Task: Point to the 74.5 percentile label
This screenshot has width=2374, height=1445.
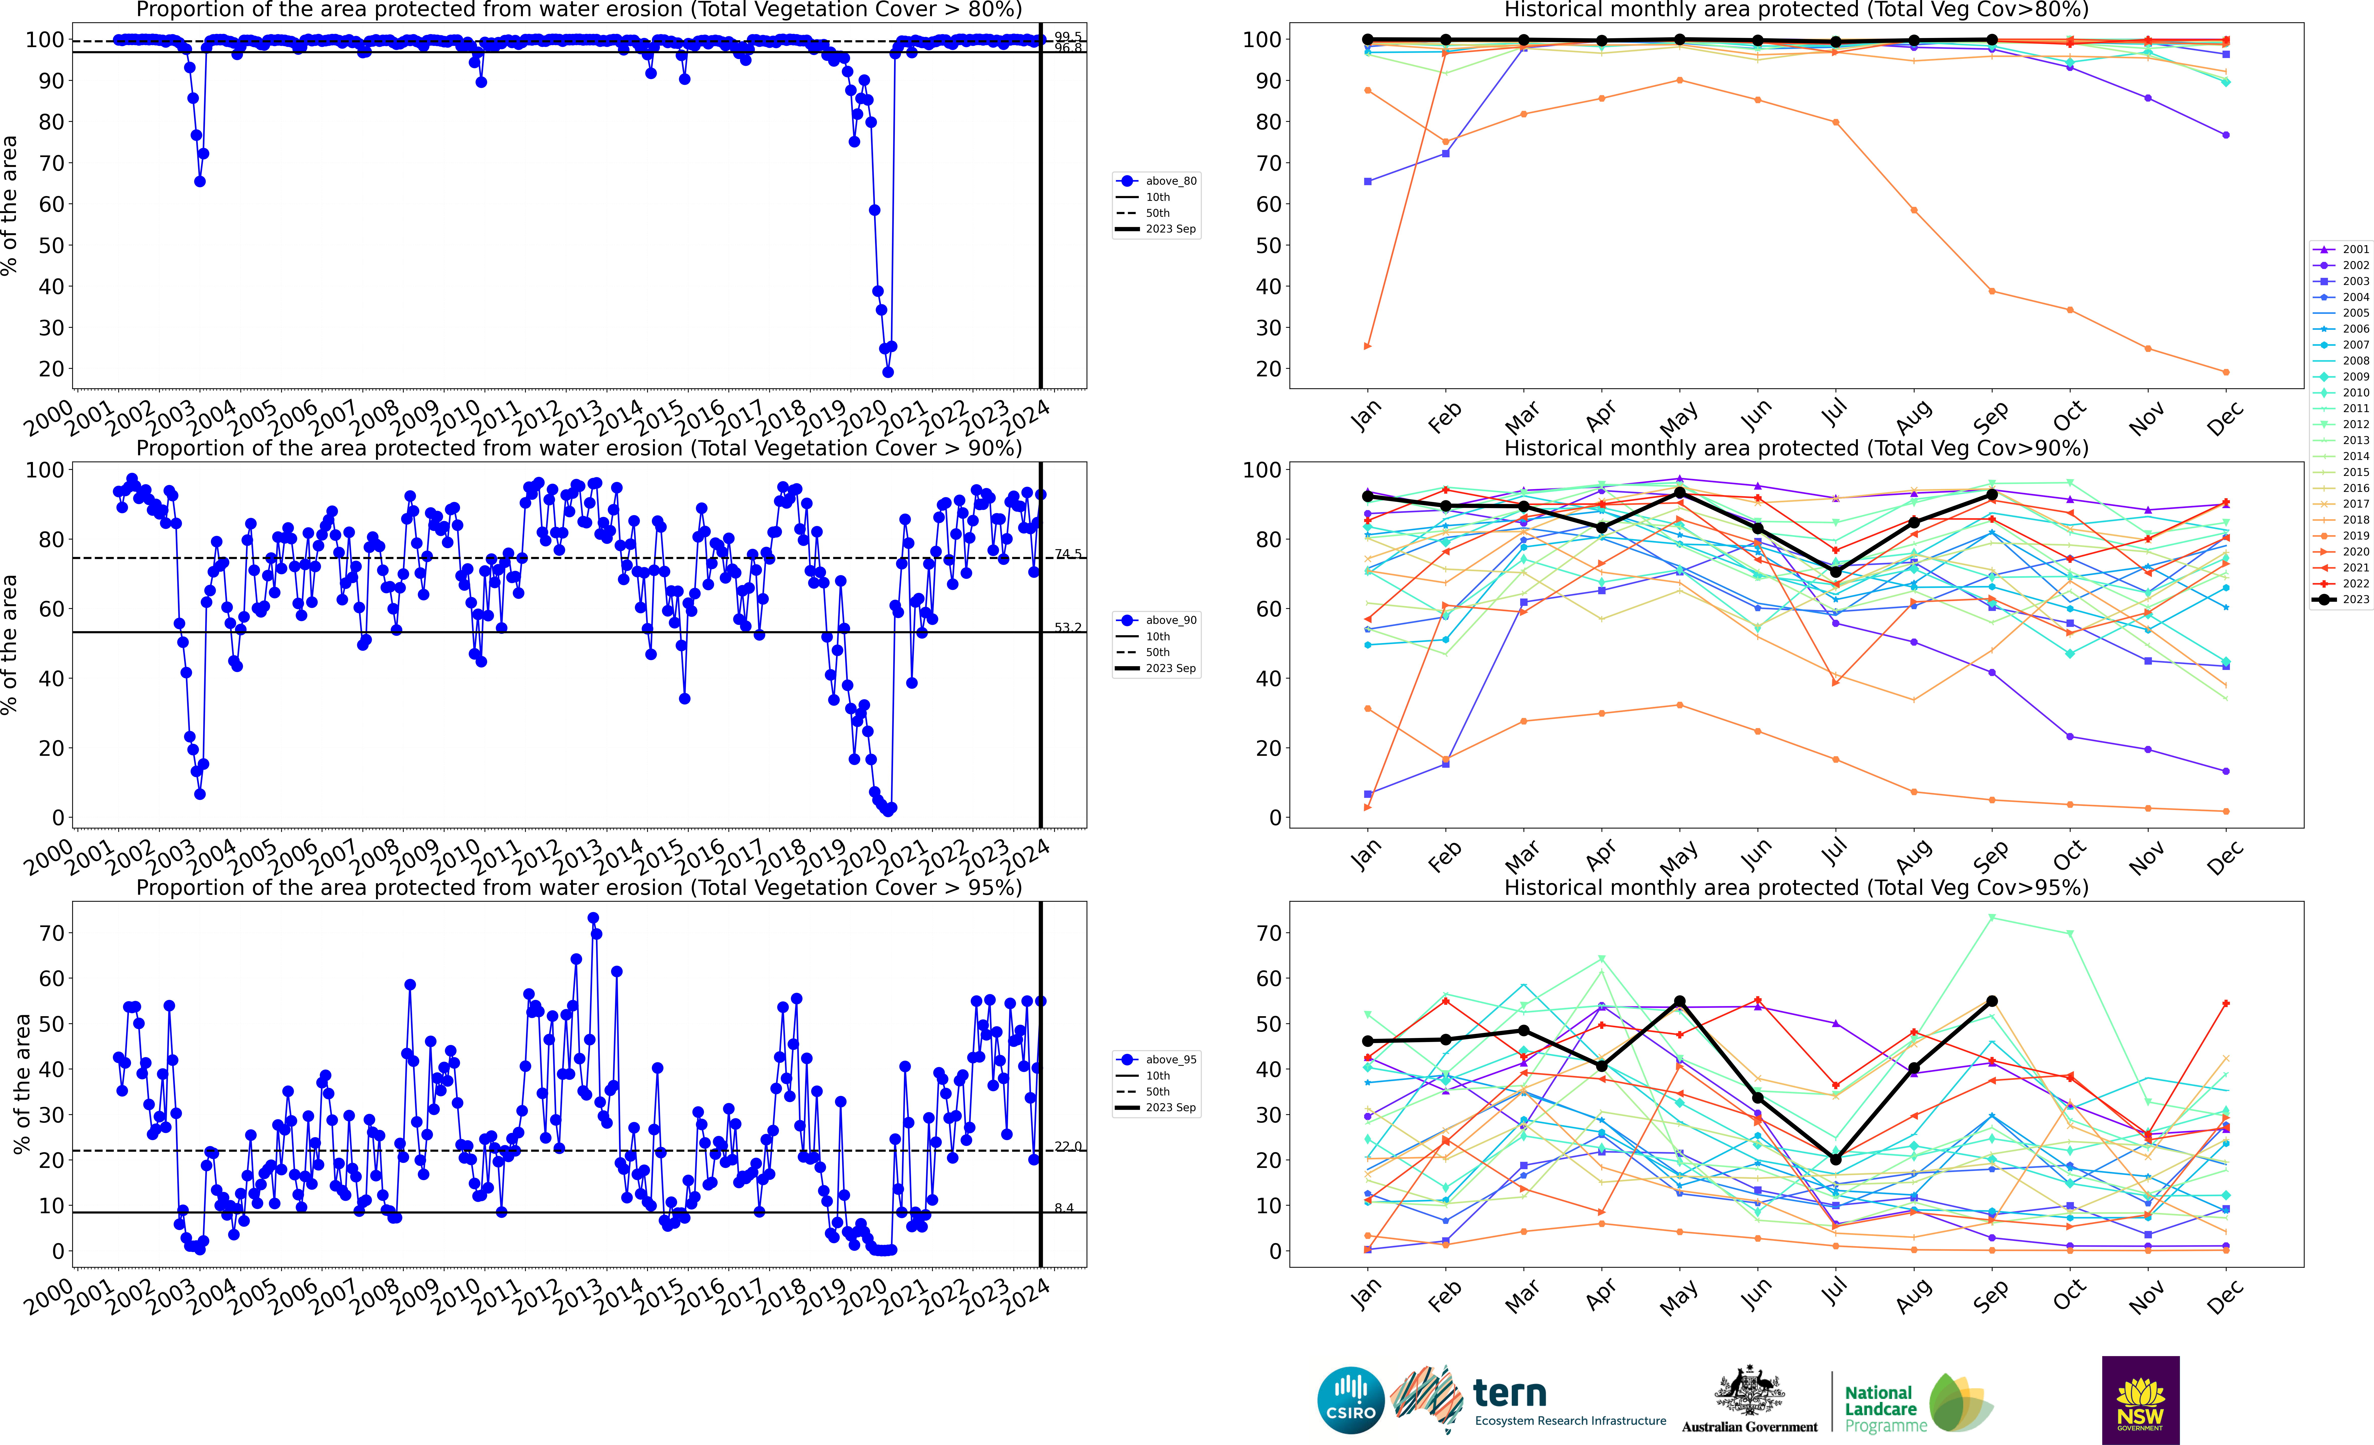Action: [1068, 554]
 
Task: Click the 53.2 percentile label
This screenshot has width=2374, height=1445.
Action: [1068, 627]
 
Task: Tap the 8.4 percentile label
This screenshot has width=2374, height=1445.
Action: [1064, 1208]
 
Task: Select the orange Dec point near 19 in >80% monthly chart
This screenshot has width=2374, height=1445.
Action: [2226, 372]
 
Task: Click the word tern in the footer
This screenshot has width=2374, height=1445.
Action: [1510, 1393]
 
